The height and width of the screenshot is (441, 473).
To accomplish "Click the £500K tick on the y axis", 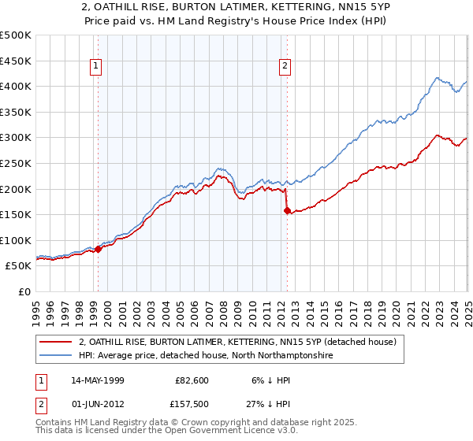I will pyautogui.click(x=16, y=35).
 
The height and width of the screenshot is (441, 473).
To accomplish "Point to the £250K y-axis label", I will pyautogui.click(x=16, y=163).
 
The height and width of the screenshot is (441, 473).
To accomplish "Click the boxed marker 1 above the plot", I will pyautogui.click(x=95, y=67).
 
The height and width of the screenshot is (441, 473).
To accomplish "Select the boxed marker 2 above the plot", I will pyautogui.click(x=285, y=67).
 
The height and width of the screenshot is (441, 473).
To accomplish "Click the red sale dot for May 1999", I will pyautogui.click(x=99, y=249).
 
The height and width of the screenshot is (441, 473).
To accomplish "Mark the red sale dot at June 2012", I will pyautogui.click(x=287, y=210).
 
